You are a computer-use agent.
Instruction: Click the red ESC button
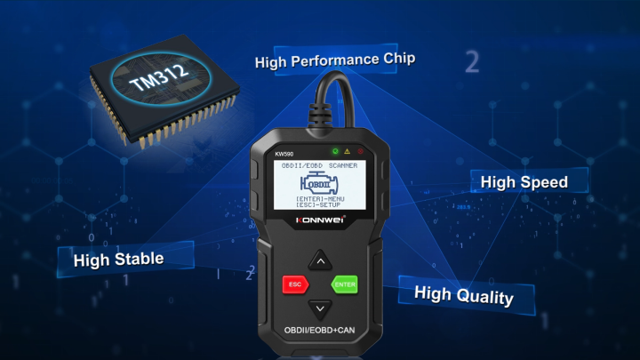pos(294,285)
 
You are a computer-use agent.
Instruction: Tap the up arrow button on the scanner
pos(320,260)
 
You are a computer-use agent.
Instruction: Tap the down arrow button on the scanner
pos(320,309)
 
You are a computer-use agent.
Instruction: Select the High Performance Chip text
pos(335,60)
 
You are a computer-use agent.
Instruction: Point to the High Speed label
pos(524,182)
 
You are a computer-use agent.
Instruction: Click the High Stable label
pos(118,260)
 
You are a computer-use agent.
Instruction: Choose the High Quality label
pos(463,295)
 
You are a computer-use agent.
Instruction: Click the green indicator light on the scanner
pos(333,150)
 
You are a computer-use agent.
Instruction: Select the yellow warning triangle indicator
pos(348,150)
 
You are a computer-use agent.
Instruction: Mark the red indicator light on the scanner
pos(361,150)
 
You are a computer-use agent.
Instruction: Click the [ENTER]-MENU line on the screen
pos(320,197)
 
